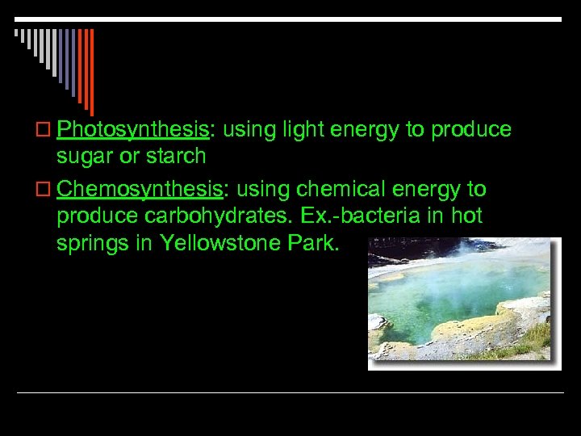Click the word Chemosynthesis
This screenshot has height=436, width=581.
[140, 190]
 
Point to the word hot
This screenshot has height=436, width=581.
[466, 216]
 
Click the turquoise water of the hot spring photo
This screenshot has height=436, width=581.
[436, 299]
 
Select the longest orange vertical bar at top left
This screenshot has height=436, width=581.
[91, 73]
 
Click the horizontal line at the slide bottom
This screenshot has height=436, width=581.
[290, 393]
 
